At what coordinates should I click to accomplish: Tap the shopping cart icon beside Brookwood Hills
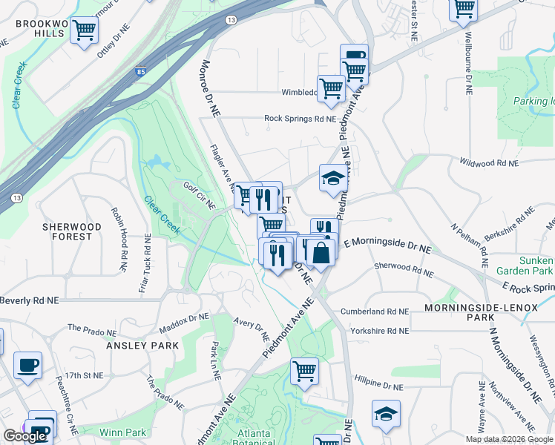pos(85,30)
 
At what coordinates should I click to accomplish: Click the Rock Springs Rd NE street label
pos(300,119)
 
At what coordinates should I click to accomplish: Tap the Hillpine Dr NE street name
pos(378,386)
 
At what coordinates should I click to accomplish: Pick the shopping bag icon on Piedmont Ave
pos(321,253)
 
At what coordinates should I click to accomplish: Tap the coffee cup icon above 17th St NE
pos(28,365)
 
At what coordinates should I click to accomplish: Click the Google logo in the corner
pos(24,436)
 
